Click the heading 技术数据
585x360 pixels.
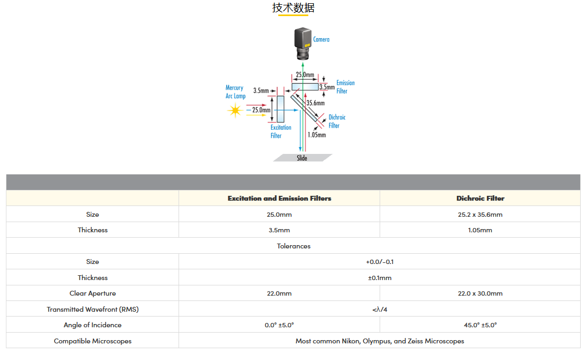(293, 8)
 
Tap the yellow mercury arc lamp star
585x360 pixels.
(234, 111)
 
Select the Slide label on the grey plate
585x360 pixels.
(302, 158)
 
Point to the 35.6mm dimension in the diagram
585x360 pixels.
(315, 102)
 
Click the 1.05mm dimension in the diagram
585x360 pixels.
(316, 135)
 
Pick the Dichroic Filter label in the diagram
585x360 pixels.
(337, 121)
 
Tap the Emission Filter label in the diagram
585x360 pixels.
(345, 87)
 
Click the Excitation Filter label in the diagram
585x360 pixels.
(280, 131)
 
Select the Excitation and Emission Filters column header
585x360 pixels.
(279, 198)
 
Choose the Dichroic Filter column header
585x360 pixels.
(480, 198)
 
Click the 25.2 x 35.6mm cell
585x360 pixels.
(480, 214)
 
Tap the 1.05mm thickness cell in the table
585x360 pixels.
(480, 230)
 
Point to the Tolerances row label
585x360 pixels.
(293, 246)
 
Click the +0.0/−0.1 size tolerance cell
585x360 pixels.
(380, 262)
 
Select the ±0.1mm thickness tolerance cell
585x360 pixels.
(380, 277)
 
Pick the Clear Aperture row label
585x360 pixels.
(92, 293)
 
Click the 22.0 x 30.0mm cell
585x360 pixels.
(480, 293)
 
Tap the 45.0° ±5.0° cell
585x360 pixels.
(480, 325)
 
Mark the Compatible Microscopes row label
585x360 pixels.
(92, 341)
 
